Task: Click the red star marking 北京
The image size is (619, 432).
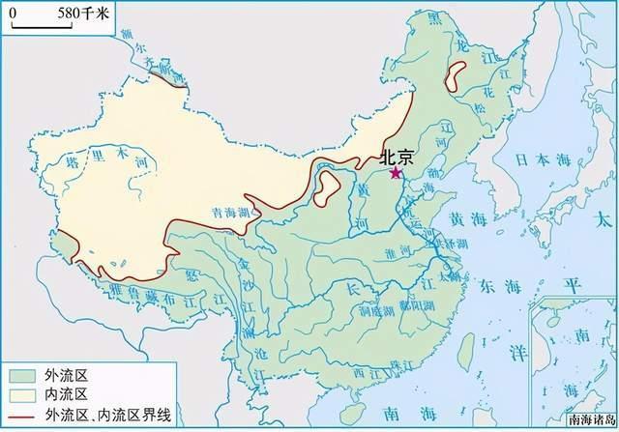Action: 395,173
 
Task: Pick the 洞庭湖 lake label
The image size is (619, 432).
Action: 372,311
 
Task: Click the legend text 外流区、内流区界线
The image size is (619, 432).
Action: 107,415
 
